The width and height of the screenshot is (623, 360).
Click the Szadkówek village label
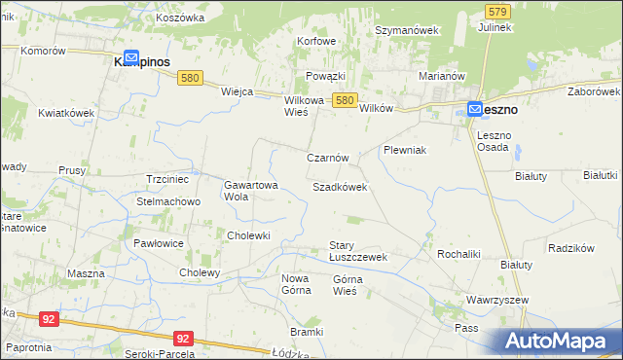point(340,186)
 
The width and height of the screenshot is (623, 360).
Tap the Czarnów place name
point(328,158)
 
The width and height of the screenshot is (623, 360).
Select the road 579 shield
point(497,11)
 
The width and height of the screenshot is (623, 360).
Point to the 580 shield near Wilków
point(344,100)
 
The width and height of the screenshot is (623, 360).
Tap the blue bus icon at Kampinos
point(131,58)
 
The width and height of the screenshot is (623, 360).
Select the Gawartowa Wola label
point(251,190)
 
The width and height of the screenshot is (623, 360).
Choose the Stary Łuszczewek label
point(358,251)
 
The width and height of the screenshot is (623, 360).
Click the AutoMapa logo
point(558,341)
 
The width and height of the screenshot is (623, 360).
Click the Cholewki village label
point(248,235)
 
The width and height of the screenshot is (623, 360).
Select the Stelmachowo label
point(167,201)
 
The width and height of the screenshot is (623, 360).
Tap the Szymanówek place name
point(408,30)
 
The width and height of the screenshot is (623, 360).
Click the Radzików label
point(571,248)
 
